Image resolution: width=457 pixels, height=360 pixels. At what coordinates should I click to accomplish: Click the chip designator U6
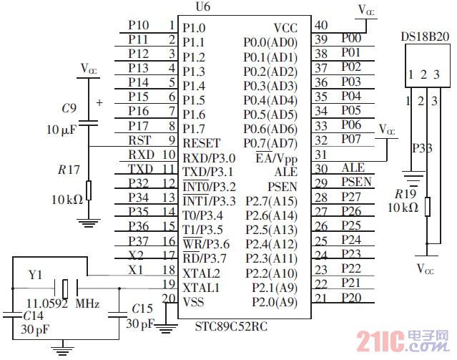coord(202,8)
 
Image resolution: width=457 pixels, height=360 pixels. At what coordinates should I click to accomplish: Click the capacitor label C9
coord(69,108)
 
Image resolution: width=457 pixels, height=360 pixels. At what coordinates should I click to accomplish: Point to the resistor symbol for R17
coord(89,191)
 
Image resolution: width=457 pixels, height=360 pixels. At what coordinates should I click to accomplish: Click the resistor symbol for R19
coord(426,207)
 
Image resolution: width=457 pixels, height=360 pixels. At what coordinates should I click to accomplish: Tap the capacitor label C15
coord(142,308)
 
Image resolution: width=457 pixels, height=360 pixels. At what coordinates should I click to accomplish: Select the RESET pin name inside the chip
coord(202,143)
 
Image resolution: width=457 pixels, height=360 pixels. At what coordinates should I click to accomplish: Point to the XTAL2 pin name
coord(200,273)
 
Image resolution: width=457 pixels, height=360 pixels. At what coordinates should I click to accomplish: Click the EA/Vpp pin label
coord(275,157)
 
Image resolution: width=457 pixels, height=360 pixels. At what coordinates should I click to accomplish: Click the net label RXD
coord(141,155)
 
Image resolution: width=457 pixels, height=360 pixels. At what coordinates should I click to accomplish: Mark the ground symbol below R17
coord(89,223)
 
